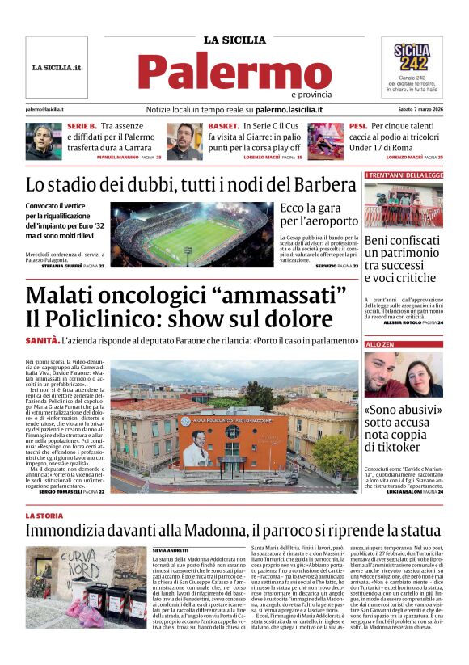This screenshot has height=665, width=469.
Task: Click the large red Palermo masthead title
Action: point(234,71)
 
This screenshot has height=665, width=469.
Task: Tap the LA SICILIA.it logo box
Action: point(57,67)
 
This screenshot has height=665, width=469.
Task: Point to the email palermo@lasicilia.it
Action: point(45,109)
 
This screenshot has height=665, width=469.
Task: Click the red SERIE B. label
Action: point(82,127)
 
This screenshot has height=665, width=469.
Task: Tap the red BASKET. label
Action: point(223,127)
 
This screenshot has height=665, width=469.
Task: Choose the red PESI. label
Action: point(357,127)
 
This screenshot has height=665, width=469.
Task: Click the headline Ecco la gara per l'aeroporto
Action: point(319,214)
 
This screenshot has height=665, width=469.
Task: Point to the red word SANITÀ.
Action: point(42,341)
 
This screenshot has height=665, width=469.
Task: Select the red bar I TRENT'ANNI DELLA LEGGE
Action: point(404,175)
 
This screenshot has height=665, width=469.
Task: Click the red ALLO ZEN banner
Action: point(404,345)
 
